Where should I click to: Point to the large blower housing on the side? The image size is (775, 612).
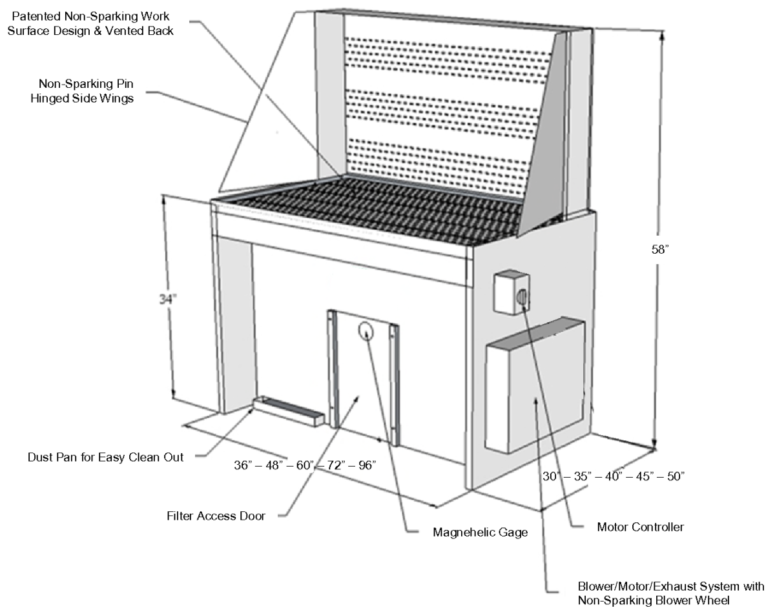coord(535,384)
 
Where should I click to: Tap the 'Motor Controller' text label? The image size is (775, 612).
coord(640,527)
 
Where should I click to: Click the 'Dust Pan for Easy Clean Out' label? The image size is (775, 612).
coord(106,457)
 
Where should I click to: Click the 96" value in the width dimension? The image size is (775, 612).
coord(364,465)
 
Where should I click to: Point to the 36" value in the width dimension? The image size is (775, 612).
coord(245,465)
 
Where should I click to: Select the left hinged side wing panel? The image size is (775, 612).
coord(271,103)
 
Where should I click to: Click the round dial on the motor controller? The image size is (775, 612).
coord(521,297)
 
